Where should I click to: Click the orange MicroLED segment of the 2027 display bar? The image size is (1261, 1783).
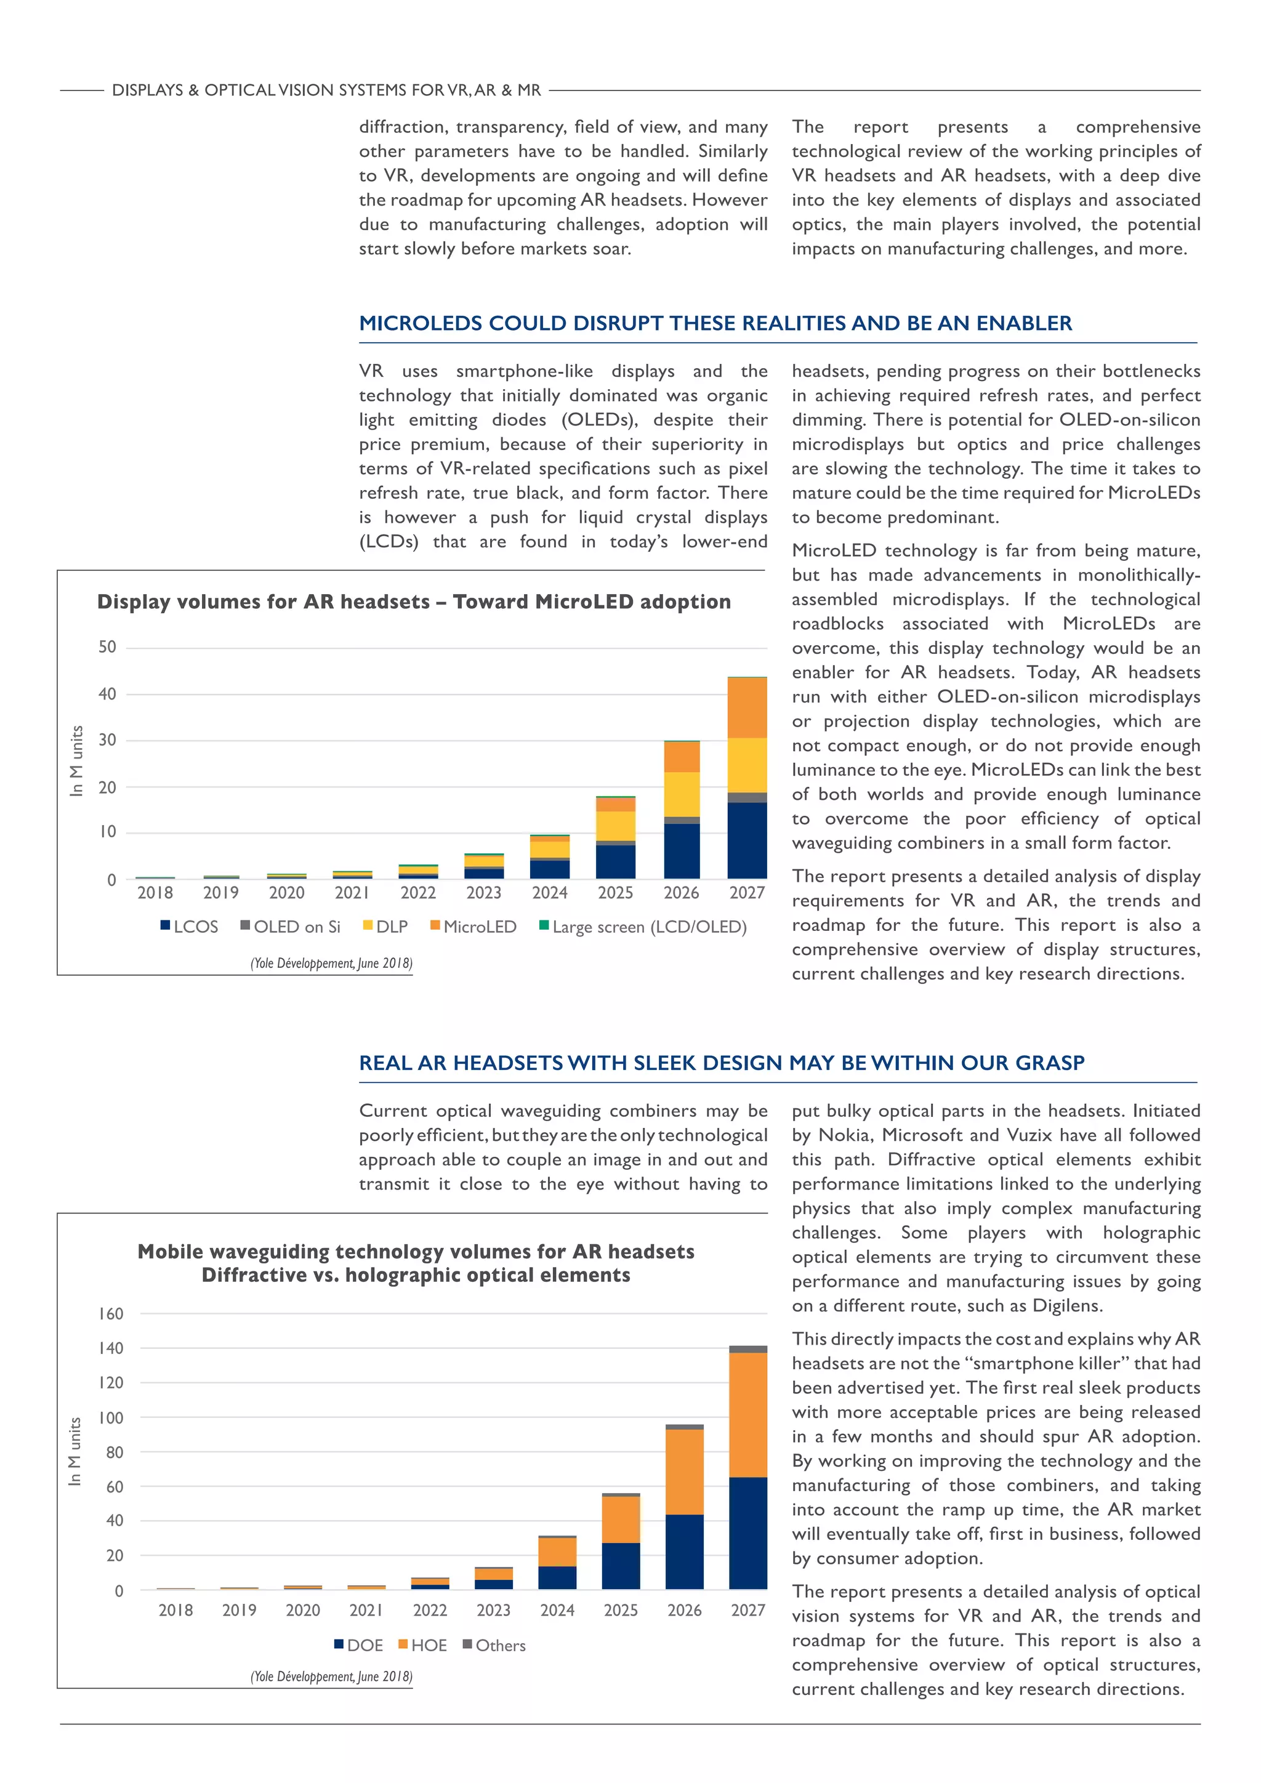(747, 707)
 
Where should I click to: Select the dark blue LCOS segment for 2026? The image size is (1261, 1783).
(681, 851)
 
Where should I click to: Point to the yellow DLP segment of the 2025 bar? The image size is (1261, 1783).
(616, 826)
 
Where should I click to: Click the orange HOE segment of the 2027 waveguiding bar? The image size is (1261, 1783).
(747, 1414)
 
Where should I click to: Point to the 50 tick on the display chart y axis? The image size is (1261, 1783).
(107, 647)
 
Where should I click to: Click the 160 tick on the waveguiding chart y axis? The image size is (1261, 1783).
(110, 1313)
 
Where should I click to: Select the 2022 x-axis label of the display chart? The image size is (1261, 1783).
(417, 893)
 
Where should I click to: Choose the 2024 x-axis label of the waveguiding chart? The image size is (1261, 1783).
(557, 1610)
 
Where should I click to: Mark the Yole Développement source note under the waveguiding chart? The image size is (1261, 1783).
(331, 1676)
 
